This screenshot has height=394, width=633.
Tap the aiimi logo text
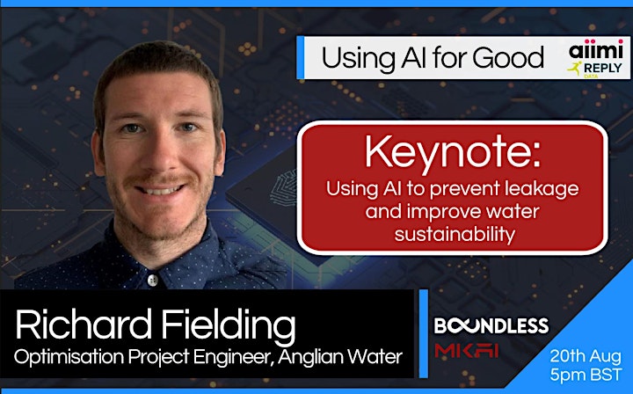tap(596, 50)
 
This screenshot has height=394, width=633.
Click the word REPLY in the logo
tap(602, 69)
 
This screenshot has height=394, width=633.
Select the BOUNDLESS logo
tap(491, 325)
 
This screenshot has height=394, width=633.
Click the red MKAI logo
tap(467, 350)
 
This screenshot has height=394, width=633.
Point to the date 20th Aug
tap(586, 356)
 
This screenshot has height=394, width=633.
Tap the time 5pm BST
tap(586, 375)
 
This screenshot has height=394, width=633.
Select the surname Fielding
tap(229, 326)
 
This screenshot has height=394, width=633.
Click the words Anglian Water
tap(340, 357)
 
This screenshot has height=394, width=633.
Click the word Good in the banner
tap(508, 58)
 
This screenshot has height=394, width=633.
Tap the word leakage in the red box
tap(542, 190)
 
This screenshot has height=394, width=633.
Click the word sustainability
tap(455, 234)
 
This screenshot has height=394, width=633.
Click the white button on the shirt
tap(153, 280)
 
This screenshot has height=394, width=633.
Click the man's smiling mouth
tap(160, 189)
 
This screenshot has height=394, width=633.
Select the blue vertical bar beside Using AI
tap(300, 58)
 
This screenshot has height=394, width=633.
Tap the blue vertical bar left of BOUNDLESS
tap(424, 333)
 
